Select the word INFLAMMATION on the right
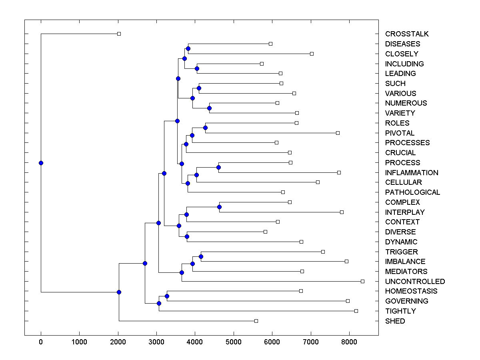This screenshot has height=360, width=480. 412,173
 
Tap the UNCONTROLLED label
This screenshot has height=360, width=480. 415,282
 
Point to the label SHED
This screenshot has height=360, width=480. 395,321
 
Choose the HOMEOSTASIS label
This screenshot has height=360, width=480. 411,291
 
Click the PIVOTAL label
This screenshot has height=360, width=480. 400,133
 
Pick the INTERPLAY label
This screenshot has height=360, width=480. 405,212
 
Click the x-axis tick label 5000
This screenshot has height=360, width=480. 234,342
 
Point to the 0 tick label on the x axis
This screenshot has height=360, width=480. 41,342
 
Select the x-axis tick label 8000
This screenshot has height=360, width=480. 349,342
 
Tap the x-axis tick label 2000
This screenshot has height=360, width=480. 118,342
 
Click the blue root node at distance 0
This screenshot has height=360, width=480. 41,163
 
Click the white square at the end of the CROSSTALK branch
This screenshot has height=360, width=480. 119,34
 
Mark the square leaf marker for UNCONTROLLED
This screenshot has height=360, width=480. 362,281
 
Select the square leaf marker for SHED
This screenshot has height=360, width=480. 256,321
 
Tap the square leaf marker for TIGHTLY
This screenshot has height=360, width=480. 356,311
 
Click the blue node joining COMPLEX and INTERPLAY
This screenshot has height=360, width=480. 219,207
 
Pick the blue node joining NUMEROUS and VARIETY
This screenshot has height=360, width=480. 209,108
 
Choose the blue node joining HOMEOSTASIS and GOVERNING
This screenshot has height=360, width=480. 167,296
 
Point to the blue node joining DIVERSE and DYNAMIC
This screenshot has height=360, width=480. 187,236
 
